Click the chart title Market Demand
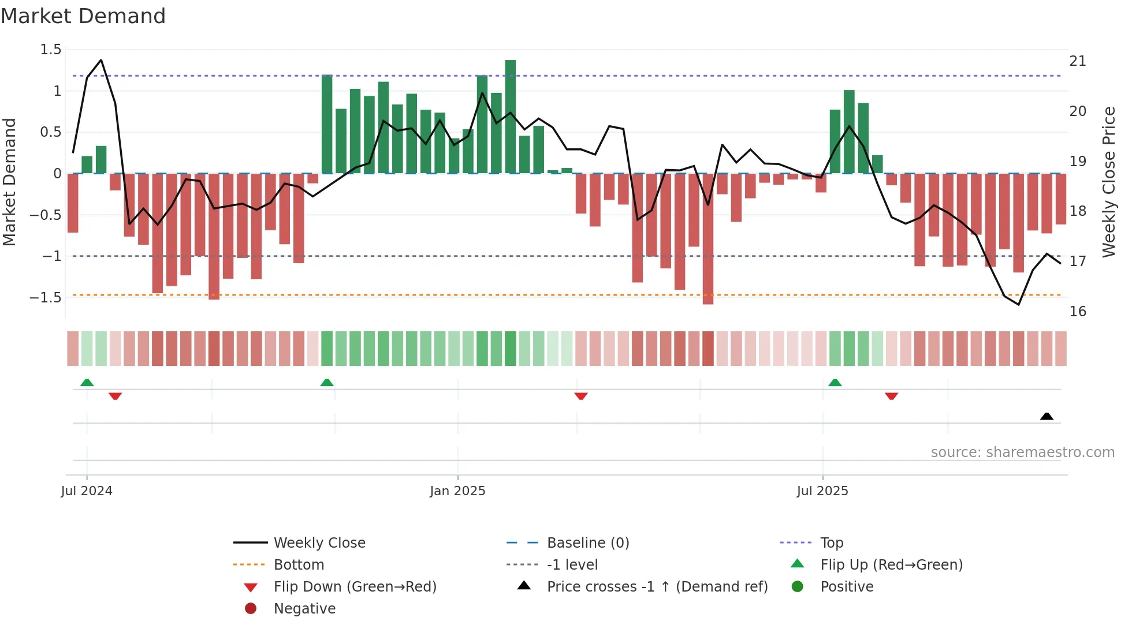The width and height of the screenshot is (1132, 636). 83,16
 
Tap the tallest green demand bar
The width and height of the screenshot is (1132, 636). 510,115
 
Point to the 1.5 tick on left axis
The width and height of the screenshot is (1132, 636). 51,50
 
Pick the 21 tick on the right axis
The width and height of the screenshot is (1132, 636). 1078,61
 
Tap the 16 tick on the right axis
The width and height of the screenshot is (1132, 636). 1078,312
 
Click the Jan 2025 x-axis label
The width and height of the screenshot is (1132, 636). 457,491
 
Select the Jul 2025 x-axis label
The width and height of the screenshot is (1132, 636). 822,491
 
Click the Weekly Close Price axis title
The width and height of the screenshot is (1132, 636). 1108,182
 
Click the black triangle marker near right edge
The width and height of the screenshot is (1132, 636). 1047,416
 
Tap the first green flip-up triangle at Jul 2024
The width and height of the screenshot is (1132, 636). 87,383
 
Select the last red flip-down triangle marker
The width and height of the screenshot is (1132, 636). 891,396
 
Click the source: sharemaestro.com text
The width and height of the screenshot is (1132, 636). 1022,452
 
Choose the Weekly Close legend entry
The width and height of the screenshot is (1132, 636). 319,543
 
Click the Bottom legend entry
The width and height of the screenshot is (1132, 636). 299,565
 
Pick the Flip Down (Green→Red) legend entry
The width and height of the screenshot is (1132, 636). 355,587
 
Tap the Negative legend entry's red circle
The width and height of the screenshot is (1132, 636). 251,608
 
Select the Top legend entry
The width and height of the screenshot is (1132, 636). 831,543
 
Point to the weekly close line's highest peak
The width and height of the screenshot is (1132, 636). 101,60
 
